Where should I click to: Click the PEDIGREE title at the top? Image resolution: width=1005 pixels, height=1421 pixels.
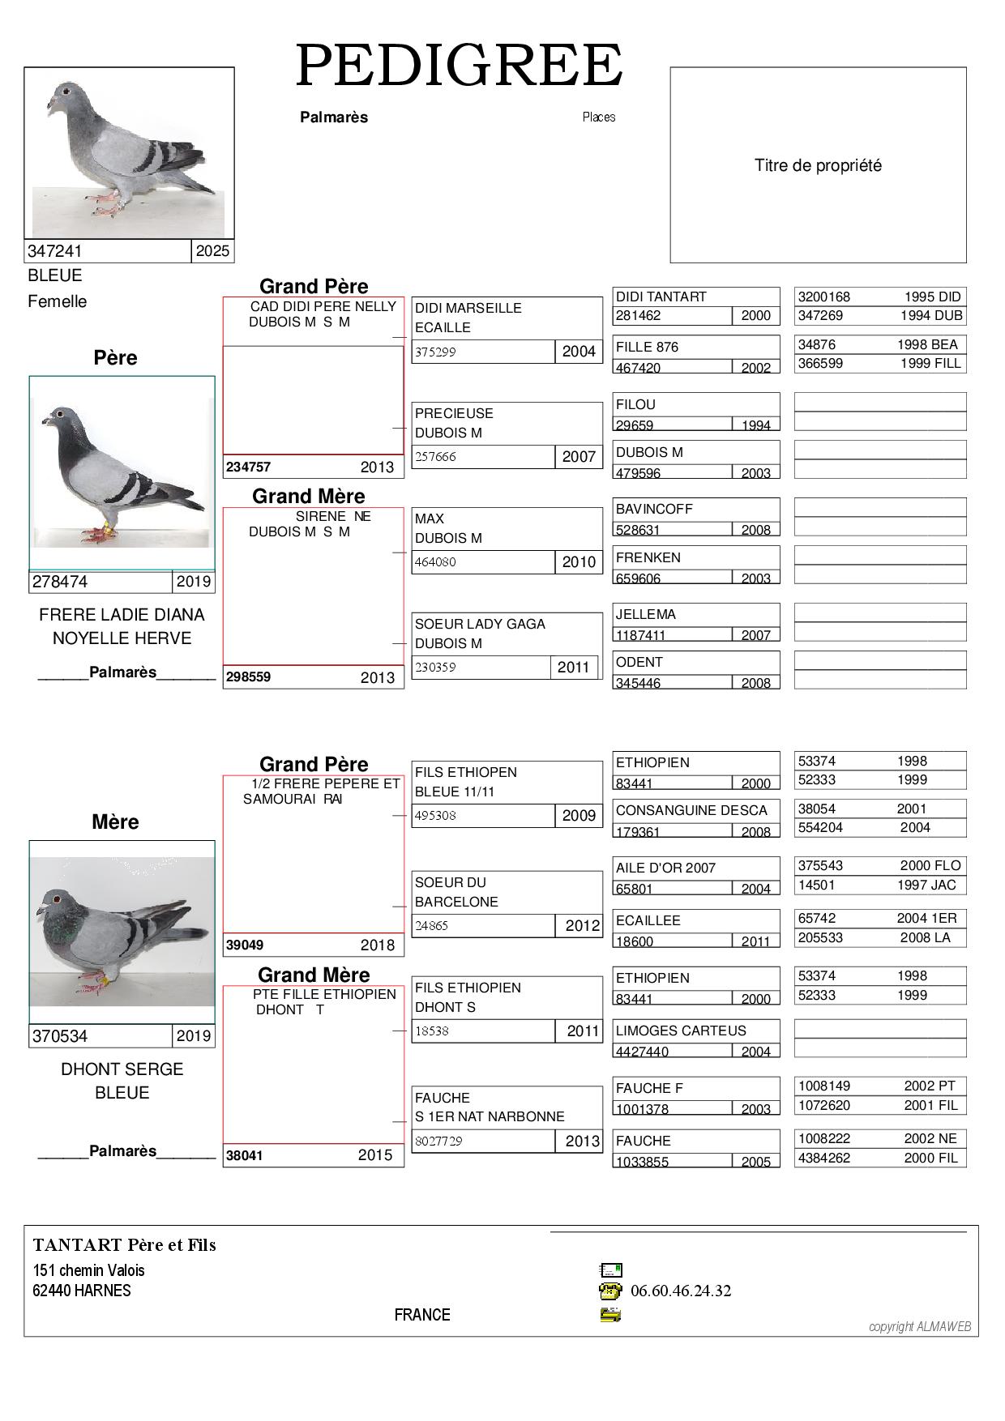click(460, 66)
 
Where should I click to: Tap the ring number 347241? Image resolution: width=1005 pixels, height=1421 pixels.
click(55, 251)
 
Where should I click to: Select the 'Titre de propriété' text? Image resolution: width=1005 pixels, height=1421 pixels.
click(818, 165)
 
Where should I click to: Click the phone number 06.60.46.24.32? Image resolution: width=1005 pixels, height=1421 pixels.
click(681, 1291)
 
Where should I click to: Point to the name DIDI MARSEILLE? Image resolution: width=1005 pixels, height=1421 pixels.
click(468, 308)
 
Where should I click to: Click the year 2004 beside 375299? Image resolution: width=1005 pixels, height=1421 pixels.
click(579, 352)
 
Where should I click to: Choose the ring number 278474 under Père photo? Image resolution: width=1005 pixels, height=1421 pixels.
click(60, 582)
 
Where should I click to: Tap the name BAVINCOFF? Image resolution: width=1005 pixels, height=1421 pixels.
click(654, 509)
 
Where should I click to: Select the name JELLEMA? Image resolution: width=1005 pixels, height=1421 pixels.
click(645, 614)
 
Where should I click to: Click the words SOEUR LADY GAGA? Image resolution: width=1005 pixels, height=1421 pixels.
click(480, 624)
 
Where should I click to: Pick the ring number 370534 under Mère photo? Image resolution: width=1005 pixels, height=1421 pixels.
click(60, 1036)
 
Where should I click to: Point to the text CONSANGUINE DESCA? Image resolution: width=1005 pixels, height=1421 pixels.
click(691, 810)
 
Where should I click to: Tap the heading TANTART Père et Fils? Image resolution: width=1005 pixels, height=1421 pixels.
click(125, 1245)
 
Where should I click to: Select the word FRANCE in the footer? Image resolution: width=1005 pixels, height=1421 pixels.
click(422, 1315)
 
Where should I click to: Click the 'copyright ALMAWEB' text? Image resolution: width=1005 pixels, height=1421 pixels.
click(919, 1326)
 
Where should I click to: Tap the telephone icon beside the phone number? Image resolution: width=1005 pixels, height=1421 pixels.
click(610, 1291)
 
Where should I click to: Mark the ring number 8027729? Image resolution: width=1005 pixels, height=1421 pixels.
click(438, 1141)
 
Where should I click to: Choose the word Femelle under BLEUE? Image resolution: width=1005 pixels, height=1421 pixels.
click(57, 301)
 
